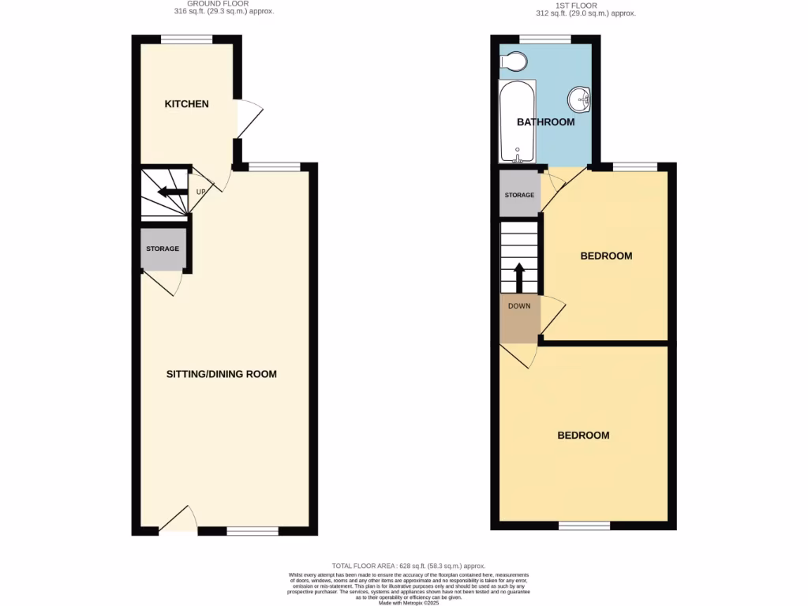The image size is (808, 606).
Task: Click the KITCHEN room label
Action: click(x=186, y=104)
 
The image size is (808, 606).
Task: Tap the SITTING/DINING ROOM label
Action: click(x=222, y=374)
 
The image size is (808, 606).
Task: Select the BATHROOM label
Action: click(x=545, y=122)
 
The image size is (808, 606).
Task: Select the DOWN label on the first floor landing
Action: click(x=519, y=306)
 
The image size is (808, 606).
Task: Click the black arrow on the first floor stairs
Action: click(x=519, y=277)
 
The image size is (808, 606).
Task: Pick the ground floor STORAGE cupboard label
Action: click(x=163, y=249)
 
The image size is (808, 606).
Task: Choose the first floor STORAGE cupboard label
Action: click(x=519, y=195)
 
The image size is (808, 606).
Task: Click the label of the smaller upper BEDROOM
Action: click(x=606, y=256)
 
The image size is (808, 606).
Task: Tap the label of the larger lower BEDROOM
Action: click(x=583, y=436)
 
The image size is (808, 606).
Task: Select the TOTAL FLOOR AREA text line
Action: click(x=408, y=566)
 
